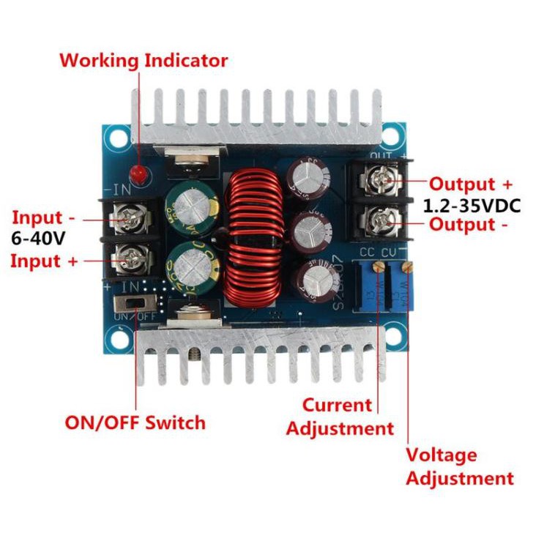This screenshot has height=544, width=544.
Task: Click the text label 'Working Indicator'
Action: pyautogui.click(x=144, y=60)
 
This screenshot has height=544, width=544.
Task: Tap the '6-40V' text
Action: pyautogui.click(x=37, y=239)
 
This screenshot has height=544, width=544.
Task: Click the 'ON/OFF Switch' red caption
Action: pyautogui.click(x=135, y=422)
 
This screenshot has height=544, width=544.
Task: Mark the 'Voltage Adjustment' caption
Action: pyautogui.click(x=460, y=467)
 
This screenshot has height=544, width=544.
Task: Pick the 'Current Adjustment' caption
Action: pyautogui.click(x=339, y=417)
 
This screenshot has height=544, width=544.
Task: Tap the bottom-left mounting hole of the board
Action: pyautogui.click(x=116, y=338)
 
